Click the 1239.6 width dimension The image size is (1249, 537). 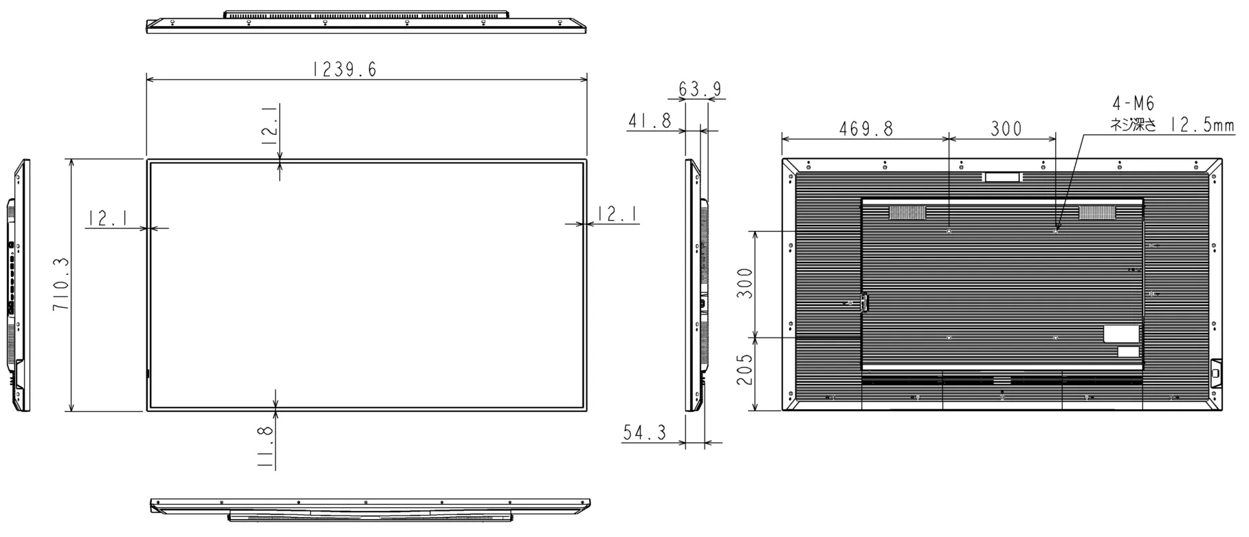pos(344,69)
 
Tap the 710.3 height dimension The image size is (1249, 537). pos(61,285)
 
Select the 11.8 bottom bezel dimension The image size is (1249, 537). pos(267,446)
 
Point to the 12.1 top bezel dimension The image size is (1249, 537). pos(270,124)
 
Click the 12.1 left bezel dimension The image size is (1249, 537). pos(107,219)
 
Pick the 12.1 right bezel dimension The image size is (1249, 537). pos(617,214)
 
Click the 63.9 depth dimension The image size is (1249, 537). pos(700,89)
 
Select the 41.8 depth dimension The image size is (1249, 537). pos(650,121)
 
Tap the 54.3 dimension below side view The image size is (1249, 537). pos(645,432)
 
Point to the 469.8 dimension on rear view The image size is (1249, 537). pos(865,129)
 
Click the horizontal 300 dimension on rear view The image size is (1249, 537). pos(1006,129)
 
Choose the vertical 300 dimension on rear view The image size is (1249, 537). pos(745,283)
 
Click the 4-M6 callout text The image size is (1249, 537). pos(1134,104)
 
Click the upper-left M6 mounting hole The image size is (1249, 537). pos(949,231)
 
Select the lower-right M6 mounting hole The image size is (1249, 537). pos(1055,338)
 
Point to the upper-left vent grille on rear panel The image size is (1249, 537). pos(907,212)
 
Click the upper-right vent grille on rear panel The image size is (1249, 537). pos(1097,212)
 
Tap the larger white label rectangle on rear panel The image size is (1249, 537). pos(1121,333)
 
